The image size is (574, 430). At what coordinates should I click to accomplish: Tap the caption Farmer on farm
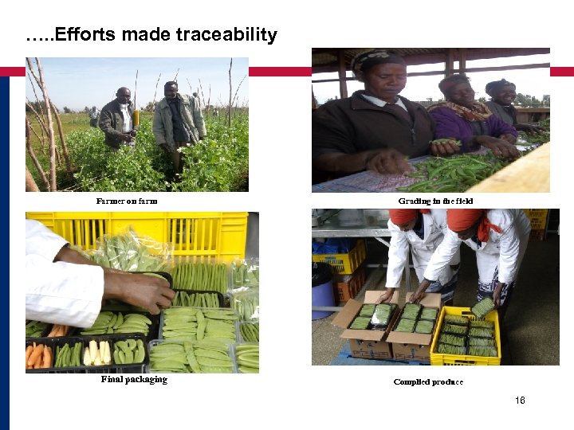[x=127, y=201]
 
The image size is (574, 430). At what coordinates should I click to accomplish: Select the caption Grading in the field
[x=435, y=201]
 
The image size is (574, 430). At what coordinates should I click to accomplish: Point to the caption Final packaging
[x=134, y=379]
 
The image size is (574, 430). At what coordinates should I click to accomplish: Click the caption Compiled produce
[x=428, y=382]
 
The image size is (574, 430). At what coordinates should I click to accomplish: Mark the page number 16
[x=520, y=401]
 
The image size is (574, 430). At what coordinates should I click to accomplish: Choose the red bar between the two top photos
[x=279, y=72]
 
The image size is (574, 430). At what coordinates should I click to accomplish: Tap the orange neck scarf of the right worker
[x=485, y=230]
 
